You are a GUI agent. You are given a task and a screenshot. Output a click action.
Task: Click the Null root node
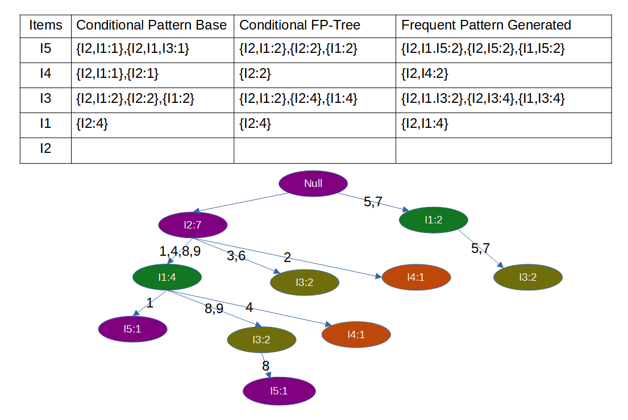(313, 183)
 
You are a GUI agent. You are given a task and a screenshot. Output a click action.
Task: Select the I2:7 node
(193, 225)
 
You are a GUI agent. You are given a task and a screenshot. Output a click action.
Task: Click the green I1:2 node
(433, 220)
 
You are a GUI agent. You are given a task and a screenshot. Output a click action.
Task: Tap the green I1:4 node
(167, 277)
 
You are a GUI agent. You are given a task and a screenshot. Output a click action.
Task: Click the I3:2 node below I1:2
(527, 277)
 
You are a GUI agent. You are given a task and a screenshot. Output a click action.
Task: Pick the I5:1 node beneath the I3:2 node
(278, 391)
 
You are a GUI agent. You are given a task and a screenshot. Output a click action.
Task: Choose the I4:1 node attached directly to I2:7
(416, 277)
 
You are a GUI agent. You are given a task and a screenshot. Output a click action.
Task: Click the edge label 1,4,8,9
(180, 251)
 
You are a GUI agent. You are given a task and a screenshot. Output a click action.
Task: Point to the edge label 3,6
(236, 256)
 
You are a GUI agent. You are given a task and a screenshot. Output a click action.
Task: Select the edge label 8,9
(214, 309)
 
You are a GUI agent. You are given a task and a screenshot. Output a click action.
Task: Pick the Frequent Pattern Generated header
(486, 25)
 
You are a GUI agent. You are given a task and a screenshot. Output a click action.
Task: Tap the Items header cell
(45, 25)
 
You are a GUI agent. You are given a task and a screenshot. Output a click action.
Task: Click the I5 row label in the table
(45, 49)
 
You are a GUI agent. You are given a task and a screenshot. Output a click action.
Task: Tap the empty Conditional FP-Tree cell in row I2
(314, 149)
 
